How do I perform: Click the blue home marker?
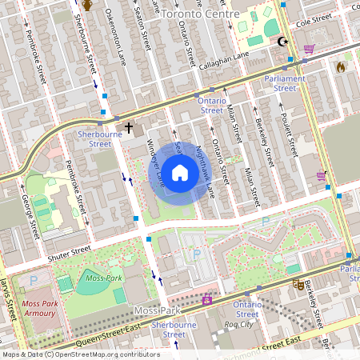click(x=180, y=173)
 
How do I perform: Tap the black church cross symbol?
click(x=129, y=127)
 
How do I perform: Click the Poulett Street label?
click(x=290, y=133)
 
